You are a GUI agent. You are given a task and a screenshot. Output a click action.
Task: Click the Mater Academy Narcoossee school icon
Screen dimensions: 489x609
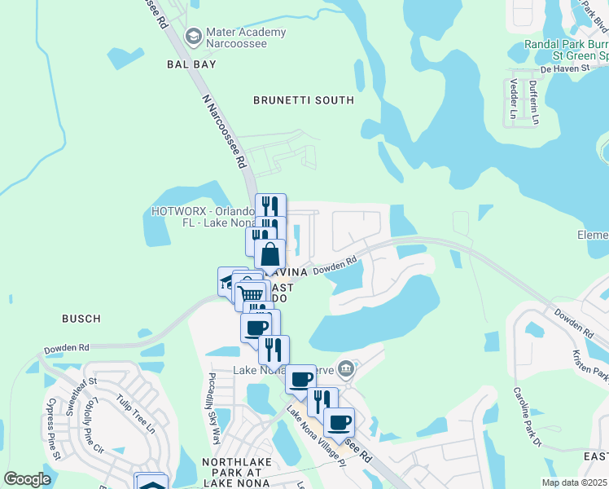194,36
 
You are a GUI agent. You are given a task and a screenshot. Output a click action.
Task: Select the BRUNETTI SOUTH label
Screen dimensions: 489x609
303,100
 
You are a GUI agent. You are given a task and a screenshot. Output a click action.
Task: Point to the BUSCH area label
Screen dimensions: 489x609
81,319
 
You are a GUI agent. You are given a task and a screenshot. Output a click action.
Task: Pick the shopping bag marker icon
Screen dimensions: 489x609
269,253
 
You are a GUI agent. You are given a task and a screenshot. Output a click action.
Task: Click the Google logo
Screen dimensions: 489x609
27,479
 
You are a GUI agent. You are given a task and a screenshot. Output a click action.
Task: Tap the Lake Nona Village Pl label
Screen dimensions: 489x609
316,436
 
